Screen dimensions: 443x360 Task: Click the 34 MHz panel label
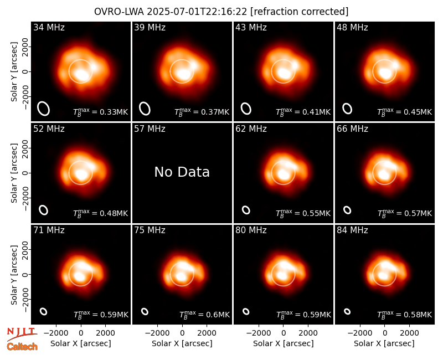pos(49,27)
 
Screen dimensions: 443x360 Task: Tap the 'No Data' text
pos(182,172)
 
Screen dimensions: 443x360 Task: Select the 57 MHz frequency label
pos(150,129)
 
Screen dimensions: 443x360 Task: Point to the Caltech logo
pos(22,347)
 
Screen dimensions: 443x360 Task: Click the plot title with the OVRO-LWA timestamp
pos(221,12)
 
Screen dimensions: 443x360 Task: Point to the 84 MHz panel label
pos(352,230)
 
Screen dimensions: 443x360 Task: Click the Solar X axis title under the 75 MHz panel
pos(182,343)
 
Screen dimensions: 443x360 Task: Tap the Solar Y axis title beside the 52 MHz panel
pos(14,173)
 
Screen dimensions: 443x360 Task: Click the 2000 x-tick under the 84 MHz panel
pos(409,333)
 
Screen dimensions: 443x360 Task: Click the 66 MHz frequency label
pos(352,129)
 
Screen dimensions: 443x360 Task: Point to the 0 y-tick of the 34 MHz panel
pos(25,71)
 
